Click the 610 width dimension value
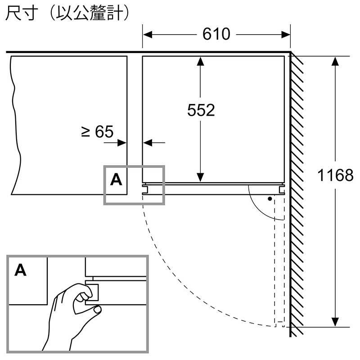(x=216, y=34)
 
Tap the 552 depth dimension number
(x=201, y=110)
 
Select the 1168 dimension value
(x=335, y=175)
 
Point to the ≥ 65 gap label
(x=97, y=131)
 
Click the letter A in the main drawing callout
(x=116, y=180)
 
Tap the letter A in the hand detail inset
(x=21, y=270)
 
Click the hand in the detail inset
(x=67, y=315)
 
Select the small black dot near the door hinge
(x=270, y=198)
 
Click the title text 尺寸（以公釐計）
(x=67, y=13)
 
